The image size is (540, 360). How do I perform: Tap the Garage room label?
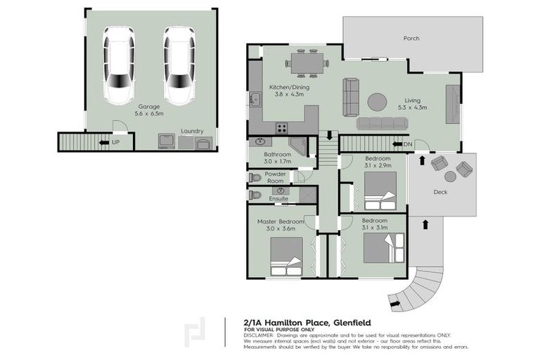coord(148,106)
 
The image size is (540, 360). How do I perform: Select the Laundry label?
coord(192,131)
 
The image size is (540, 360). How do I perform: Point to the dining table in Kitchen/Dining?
coord(307,62)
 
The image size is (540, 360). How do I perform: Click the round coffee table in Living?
coord(377,102)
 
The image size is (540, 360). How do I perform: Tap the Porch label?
coord(411,39)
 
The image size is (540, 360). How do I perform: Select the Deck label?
coord(441,192)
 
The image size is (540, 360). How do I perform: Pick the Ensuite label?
coord(278,199)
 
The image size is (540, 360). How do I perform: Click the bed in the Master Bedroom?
coord(286,252)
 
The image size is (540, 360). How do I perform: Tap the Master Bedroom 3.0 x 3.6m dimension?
coord(276,229)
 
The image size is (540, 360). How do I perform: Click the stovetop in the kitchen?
coord(282,127)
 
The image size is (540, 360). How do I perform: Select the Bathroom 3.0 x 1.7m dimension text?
coord(277,161)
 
